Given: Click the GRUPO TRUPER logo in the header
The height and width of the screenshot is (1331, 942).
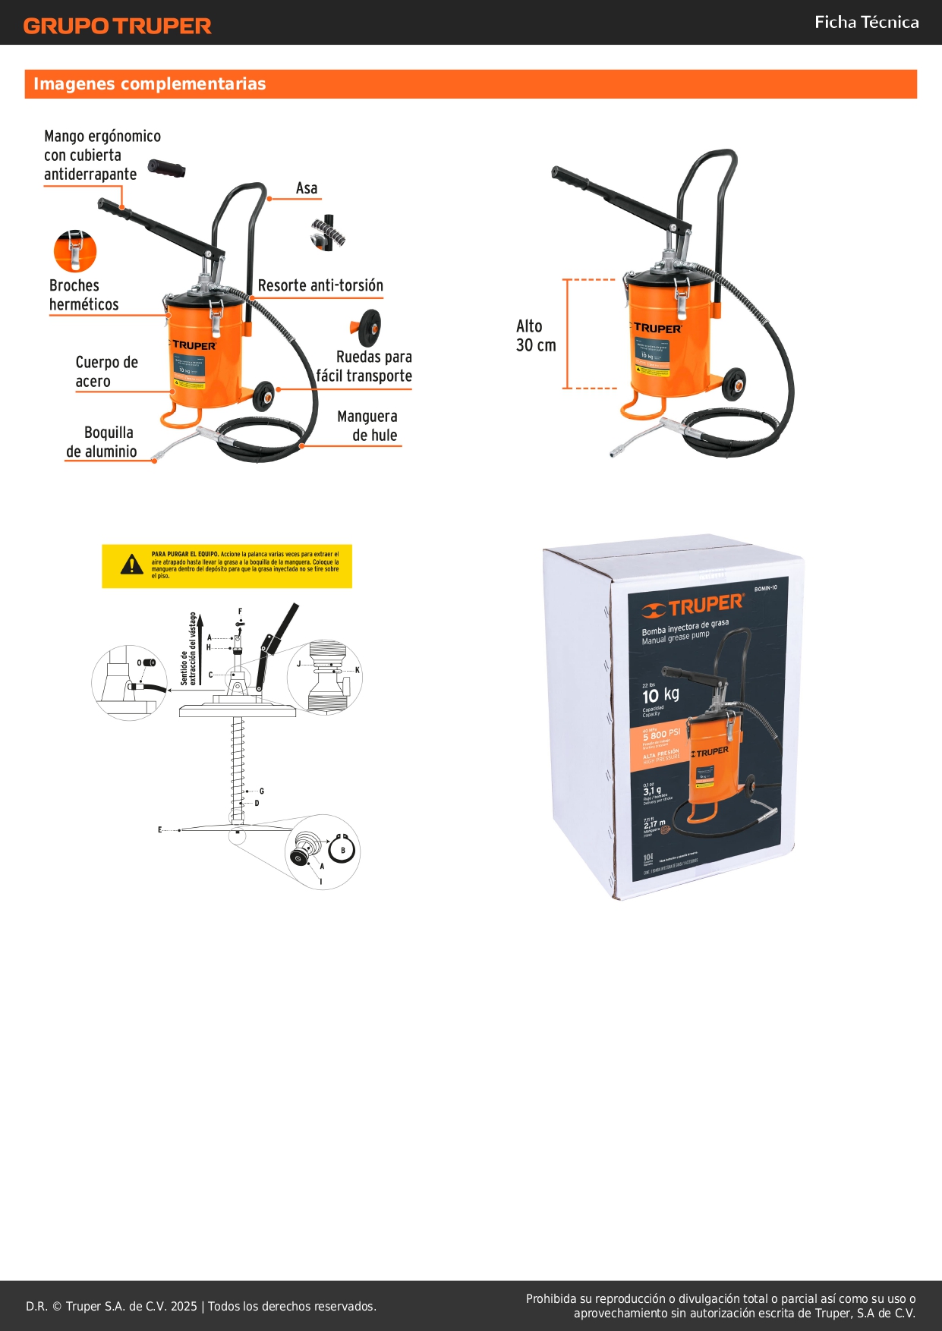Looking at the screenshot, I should (x=117, y=26).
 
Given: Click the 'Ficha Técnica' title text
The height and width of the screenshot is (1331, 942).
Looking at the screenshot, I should (x=866, y=22).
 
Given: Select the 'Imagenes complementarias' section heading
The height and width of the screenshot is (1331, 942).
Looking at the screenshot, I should (x=150, y=84).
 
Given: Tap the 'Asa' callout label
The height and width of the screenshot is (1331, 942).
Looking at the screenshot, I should (x=307, y=188).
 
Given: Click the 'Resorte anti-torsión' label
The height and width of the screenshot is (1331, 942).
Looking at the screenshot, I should (x=320, y=285).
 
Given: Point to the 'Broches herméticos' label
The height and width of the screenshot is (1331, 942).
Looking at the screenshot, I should (x=83, y=295).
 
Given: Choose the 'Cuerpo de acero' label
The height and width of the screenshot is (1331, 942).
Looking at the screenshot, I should (x=106, y=372).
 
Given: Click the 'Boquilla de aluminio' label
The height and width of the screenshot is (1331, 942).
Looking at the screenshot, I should (x=102, y=442).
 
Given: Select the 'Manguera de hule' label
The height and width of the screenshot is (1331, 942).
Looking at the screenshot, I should (x=368, y=426).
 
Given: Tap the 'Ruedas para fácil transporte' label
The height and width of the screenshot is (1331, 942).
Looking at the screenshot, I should (x=365, y=367).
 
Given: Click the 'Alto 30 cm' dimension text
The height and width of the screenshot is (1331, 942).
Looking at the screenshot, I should (x=535, y=335).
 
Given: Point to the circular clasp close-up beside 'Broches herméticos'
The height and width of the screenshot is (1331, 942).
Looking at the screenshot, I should (x=75, y=251).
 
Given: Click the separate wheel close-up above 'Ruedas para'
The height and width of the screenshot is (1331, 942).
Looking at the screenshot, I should (x=367, y=327).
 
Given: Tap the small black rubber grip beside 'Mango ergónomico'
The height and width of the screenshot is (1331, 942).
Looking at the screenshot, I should (x=166, y=168).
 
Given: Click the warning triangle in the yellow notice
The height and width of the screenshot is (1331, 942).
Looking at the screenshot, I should (x=132, y=565).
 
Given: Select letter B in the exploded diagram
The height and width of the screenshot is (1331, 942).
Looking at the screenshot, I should (x=343, y=851).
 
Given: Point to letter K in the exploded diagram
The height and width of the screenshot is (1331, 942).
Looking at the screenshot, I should (x=358, y=670).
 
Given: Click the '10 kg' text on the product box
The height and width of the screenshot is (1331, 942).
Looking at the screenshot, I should (x=660, y=695).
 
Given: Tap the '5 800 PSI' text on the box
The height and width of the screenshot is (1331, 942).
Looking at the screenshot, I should (x=661, y=735).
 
